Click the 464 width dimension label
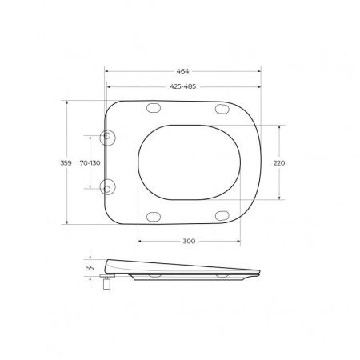(182, 71)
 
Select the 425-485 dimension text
(183, 86)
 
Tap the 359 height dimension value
(66, 162)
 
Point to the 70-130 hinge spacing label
(90, 162)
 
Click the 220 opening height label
(279, 162)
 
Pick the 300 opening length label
(189, 241)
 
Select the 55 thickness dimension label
(90, 268)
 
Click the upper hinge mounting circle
(107, 137)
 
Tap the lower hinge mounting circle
(107, 187)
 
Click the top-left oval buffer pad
(154, 108)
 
